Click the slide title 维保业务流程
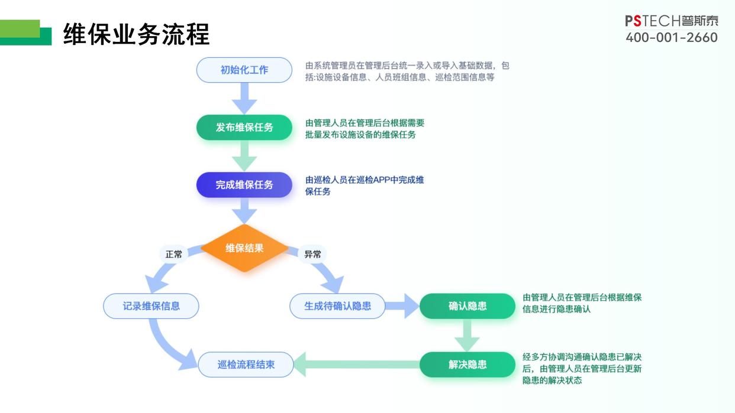pos(136,35)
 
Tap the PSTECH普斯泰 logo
pos(672,21)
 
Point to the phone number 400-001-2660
pos(672,38)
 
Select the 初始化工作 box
pos(244,70)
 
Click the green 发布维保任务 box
pos(244,127)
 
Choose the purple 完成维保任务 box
pos(244,185)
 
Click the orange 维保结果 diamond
pos(244,248)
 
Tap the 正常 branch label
pos(174,254)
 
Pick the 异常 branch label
pos(312,254)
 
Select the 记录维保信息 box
pos(151,306)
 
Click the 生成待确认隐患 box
pos(337,306)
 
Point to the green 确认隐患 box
pos(468,306)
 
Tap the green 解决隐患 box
pos(468,365)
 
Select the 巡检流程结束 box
pos(246,365)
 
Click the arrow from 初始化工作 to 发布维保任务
pos(244,98)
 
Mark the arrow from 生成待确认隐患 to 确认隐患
pos(402,306)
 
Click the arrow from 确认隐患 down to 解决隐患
pos(467,336)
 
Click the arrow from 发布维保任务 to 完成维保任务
pos(244,156)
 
